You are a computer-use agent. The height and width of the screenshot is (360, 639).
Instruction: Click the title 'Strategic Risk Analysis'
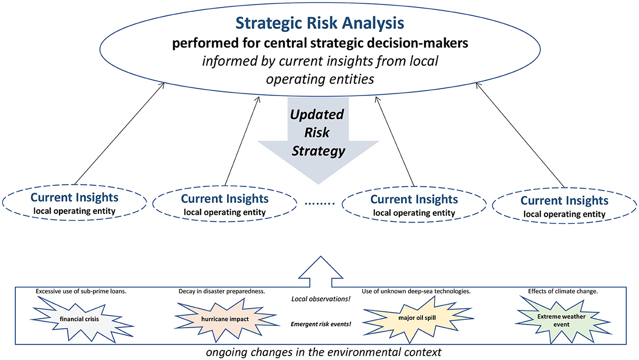(320, 24)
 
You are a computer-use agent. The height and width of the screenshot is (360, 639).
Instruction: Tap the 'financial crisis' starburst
(80, 319)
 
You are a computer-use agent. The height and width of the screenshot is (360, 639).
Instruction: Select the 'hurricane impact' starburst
(225, 319)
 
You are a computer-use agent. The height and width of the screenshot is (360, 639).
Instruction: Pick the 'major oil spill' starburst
(417, 318)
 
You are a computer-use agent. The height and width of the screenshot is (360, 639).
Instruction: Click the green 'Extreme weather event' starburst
(561, 320)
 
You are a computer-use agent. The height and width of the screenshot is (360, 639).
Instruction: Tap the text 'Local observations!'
(321, 299)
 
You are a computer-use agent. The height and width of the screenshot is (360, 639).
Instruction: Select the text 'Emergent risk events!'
(321, 324)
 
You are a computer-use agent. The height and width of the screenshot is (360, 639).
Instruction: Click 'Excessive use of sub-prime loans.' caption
(81, 291)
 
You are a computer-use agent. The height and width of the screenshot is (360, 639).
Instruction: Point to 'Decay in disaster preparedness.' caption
(222, 291)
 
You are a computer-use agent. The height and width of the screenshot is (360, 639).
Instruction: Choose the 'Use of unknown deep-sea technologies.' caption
(416, 291)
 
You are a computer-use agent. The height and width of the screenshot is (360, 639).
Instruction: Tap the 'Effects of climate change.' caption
(563, 291)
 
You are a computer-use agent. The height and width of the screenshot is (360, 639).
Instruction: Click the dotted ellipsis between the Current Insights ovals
(319, 204)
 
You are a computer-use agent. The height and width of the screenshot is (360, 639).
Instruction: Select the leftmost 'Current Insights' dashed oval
(74, 203)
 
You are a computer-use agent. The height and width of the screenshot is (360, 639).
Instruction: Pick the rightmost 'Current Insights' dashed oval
(564, 206)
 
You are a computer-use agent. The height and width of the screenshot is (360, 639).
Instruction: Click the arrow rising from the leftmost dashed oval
(120, 134)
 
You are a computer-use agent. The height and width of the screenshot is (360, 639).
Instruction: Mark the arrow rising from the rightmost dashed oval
(520, 135)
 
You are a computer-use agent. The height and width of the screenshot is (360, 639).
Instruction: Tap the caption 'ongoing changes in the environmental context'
(324, 352)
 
